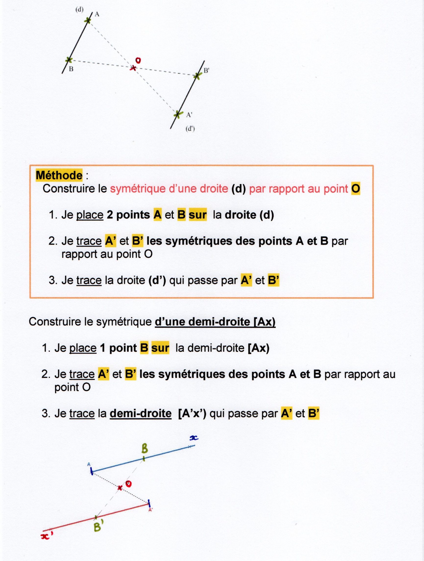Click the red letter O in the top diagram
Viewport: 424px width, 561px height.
coord(138,60)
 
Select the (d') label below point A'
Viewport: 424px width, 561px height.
coord(190,129)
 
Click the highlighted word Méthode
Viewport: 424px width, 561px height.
coord(59,175)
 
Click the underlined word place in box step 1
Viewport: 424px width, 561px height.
coord(90,215)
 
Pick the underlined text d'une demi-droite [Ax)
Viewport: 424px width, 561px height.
coord(215,322)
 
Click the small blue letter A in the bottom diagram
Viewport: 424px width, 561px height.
coord(89,464)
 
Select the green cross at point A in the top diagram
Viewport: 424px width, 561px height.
coord(88,20)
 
